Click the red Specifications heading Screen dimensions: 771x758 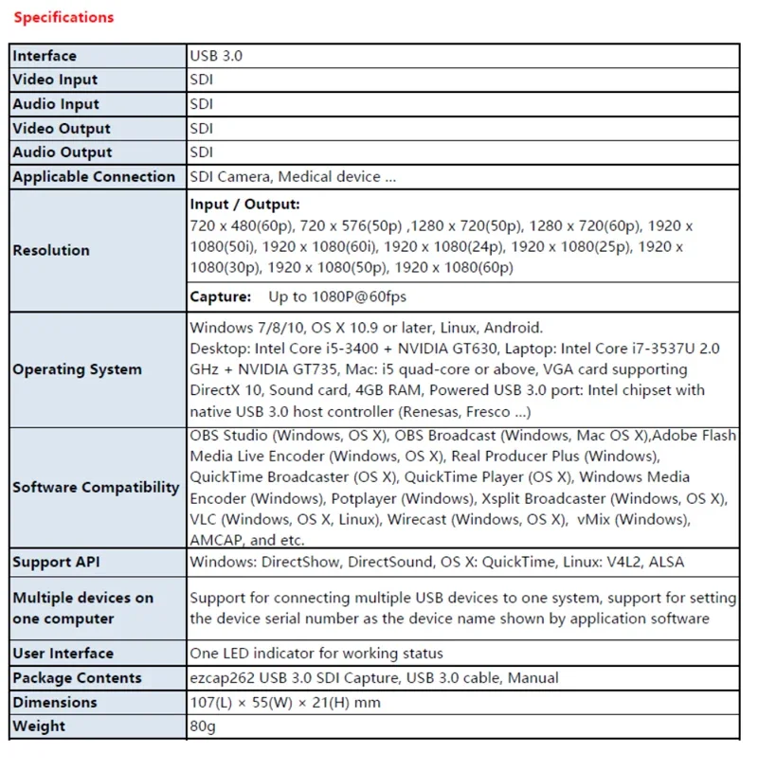tap(63, 17)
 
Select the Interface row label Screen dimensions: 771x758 tap(45, 56)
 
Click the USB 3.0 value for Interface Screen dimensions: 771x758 tap(216, 56)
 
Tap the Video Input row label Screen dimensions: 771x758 tap(55, 80)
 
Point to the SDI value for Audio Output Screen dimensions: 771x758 tap(202, 152)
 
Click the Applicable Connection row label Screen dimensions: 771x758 tap(94, 176)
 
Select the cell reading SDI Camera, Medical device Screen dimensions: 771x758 tap(293, 176)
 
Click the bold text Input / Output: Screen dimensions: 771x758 tap(244, 205)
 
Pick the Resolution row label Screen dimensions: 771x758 tap(51, 250)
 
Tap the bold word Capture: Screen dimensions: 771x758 tap(220, 296)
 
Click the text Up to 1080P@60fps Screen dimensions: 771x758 tap(337, 296)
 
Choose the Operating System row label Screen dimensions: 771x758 tap(77, 369)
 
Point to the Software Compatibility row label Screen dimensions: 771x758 tap(96, 487)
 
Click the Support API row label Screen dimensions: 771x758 tap(56, 562)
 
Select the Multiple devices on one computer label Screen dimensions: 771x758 tap(82, 608)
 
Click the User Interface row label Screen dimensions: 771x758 tap(63, 654)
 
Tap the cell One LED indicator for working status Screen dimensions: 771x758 tap(316, 654)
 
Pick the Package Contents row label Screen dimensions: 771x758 tap(77, 678)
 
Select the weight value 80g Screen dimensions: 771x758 tap(204, 726)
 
